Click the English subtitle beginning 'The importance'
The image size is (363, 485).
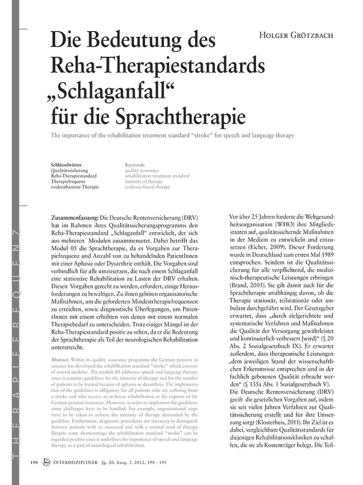pos(172,135)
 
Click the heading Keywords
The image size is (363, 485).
pos(135,165)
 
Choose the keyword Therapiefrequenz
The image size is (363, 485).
pos(71,181)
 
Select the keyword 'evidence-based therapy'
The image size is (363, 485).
pos(148,186)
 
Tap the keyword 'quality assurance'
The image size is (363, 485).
pos(142,170)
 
